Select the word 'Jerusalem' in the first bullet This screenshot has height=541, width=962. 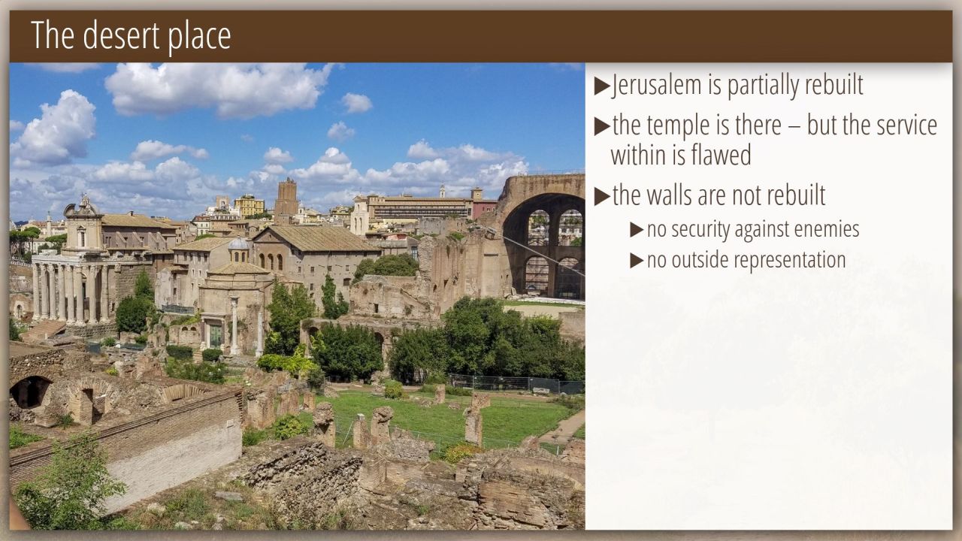click(x=658, y=85)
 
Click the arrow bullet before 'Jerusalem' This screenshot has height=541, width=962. click(x=602, y=86)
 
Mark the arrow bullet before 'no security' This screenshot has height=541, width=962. click(x=637, y=230)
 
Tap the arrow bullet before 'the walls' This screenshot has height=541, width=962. click(x=602, y=197)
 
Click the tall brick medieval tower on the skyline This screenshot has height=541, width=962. click(x=286, y=201)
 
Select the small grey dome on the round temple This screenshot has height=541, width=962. click(x=239, y=244)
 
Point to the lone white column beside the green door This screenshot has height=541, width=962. click(x=234, y=326)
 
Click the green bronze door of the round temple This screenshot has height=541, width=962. click(x=216, y=336)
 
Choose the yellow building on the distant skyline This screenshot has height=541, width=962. click(x=249, y=206)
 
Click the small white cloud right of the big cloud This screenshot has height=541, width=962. click(x=357, y=103)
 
